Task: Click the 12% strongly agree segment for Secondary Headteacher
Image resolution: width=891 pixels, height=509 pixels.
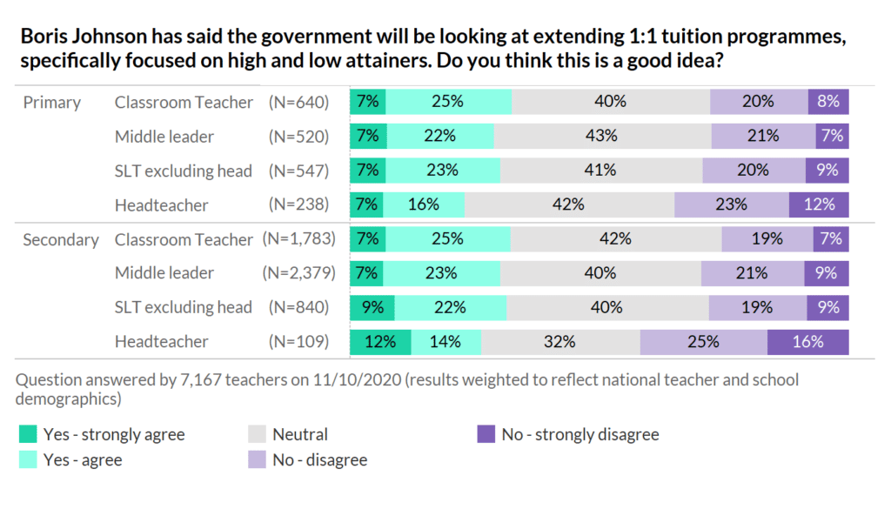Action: point(379,342)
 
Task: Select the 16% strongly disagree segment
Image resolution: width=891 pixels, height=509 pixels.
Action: point(807,342)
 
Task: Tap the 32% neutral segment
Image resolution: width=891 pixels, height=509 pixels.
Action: point(561,342)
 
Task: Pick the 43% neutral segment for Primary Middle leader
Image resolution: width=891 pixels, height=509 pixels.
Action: point(602,136)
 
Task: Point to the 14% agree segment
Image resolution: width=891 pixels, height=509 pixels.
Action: point(445,342)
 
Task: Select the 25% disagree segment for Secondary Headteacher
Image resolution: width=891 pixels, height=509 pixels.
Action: point(703,342)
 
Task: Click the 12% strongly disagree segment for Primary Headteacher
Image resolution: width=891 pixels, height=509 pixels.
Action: point(819,204)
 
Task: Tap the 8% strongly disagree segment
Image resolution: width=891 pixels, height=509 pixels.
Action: point(827,101)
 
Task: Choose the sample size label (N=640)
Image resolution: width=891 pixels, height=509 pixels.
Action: point(298,102)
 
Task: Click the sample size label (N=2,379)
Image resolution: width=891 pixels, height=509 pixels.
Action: point(296,273)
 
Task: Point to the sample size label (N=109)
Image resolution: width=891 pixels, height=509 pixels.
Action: point(298,342)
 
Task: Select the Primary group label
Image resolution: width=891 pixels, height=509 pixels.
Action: point(52,102)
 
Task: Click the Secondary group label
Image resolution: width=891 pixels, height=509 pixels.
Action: point(61,239)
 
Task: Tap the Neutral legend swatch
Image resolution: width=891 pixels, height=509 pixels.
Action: point(257,433)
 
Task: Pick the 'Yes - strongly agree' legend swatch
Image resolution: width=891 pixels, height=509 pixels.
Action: point(29,433)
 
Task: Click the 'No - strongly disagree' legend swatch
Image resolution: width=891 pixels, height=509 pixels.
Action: point(486,433)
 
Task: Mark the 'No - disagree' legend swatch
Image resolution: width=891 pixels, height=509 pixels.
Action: point(257,459)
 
